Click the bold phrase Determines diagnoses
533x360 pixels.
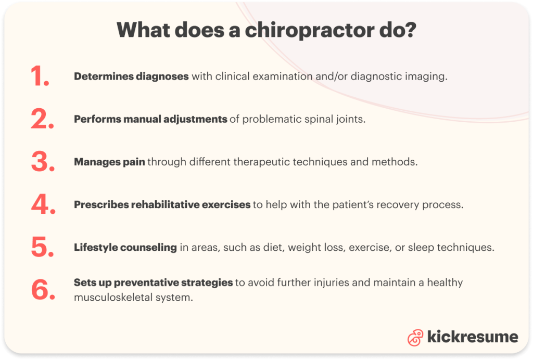pos(131,76)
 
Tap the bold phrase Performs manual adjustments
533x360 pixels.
pos(150,119)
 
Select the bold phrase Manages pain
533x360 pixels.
pos(109,162)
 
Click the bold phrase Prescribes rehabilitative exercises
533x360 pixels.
pos(162,204)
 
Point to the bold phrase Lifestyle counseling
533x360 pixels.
pos(125,247)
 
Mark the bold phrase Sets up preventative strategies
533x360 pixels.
pos(153,282)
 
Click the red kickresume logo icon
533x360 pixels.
pos(415,337)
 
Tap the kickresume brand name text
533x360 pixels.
pos(472,337)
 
